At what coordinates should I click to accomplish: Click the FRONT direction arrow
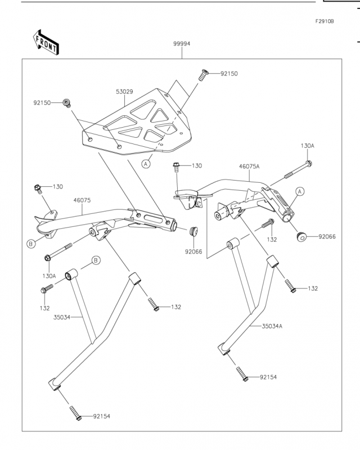46,42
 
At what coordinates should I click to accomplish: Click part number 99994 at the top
182,44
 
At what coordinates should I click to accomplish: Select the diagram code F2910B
325,21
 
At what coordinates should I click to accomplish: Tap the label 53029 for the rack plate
124,92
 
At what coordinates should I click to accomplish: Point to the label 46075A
249,166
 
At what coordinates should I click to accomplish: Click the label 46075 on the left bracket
82,200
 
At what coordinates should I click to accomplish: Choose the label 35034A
272,326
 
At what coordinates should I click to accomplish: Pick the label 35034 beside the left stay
62,317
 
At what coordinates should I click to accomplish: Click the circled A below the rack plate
146,164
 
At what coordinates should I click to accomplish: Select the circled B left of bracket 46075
31,244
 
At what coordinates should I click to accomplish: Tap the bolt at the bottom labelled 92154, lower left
75,413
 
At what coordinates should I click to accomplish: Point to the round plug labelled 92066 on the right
301,237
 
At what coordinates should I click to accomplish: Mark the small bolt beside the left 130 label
38,189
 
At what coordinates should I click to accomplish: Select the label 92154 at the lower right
268,377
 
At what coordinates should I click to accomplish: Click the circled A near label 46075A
300,191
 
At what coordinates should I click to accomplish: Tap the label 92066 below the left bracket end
193,251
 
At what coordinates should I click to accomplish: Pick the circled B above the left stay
96,260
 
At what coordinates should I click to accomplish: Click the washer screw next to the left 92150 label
66,103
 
